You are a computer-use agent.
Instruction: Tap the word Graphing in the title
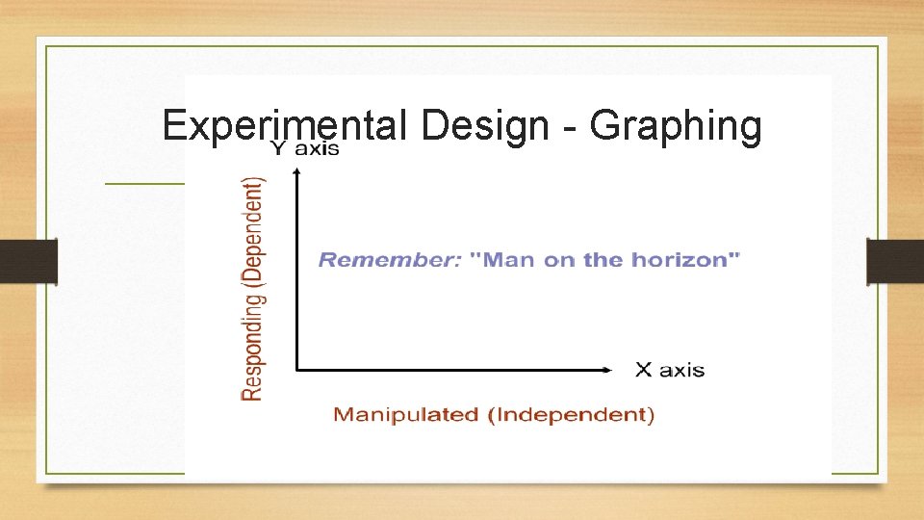click(x=675, y=126)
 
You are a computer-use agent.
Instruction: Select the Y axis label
click(x=304, y=148)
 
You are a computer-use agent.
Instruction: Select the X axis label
click(x=670, y=370)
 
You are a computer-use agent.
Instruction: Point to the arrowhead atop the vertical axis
click(x=296, y=171)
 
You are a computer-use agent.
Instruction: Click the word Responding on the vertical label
click(x=252, y=342)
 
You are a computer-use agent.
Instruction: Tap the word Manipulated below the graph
click(x=405, y=415)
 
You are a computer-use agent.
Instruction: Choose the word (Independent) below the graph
click(x=571, y=415)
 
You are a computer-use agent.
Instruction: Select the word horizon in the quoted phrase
click(x=690, y=259)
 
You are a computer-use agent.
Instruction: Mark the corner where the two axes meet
click(x=296, y=369)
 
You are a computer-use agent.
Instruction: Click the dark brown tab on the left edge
click(x=29, y=262)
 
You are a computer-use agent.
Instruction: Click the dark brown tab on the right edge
click(x=895, y=262)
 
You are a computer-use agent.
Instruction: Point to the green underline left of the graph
click(x=144, y=182)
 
